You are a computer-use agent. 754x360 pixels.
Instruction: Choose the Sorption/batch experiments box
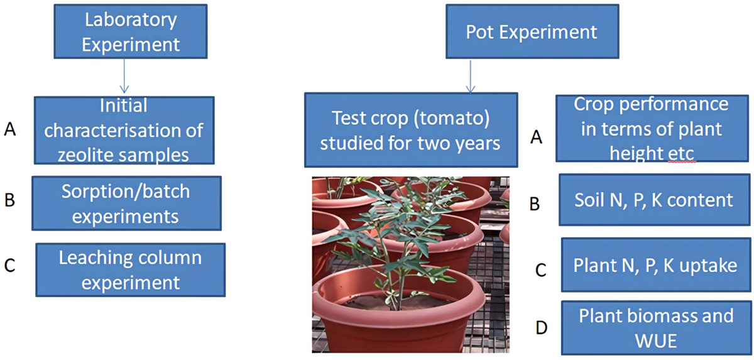(x=126, y=203)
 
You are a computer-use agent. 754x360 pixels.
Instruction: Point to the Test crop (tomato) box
(x=410, y=130)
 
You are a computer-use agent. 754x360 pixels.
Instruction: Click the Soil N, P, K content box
(x=653, y=200)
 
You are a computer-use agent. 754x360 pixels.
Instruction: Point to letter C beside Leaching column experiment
(x=9, y=265)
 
